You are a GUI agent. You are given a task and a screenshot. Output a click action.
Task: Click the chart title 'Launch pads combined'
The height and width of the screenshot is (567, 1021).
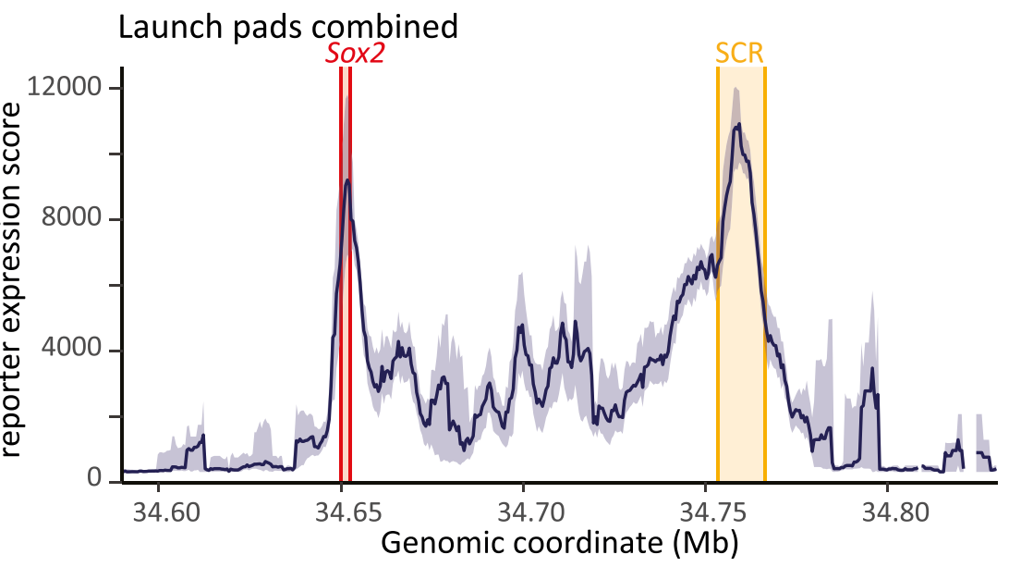tap(287, 26)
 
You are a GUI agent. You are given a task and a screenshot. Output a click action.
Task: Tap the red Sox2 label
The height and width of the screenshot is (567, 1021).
tap(354, 55)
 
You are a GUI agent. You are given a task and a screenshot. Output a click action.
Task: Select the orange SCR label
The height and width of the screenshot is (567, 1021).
tap(740, 54)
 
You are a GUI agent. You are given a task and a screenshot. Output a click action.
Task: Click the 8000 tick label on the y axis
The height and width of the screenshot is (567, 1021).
tap(74, 220)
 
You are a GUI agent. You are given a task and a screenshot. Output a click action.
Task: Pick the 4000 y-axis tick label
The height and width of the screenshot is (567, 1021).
tap(74, 351)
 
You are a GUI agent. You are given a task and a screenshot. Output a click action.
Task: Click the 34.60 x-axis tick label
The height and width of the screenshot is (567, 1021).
tap(158, 511)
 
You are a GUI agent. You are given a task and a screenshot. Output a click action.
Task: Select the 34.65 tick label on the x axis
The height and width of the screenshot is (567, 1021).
tap(341, 511)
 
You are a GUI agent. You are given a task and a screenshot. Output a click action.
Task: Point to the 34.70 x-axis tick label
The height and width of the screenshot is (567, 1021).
tap(523, 511)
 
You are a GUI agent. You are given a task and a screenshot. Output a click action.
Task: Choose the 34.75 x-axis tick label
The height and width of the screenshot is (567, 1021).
tap(705, 511)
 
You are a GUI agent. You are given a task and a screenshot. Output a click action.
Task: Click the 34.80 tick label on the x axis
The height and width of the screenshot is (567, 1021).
tap(887, 511)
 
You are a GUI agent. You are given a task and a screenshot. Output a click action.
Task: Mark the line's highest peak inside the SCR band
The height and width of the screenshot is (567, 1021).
tap(737, 125)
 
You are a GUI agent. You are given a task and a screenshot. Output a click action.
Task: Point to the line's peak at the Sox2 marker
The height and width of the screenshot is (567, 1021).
tap(346, 180)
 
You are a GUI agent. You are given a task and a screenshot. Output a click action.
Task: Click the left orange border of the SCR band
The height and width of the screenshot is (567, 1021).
tap(718, 277)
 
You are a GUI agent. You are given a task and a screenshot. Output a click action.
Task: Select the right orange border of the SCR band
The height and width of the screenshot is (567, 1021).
tap(765, 277)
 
